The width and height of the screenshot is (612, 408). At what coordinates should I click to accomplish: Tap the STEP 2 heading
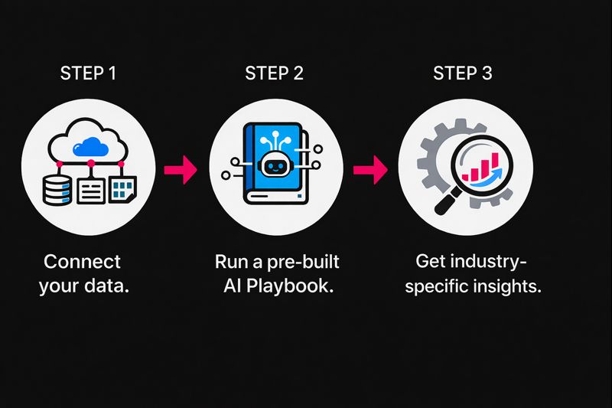click(274, 73)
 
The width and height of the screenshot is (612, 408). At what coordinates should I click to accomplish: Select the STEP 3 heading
click(463, 73)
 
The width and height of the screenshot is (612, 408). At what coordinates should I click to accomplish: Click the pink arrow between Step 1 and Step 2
click(181, 169)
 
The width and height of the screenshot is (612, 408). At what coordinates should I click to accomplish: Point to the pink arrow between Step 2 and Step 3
click(369, 169)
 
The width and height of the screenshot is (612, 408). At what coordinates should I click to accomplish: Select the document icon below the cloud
click(90, 188)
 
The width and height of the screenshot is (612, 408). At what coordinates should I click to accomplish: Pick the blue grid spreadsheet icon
click(122, 188)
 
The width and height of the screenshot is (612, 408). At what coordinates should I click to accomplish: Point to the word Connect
click(82, 262)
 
